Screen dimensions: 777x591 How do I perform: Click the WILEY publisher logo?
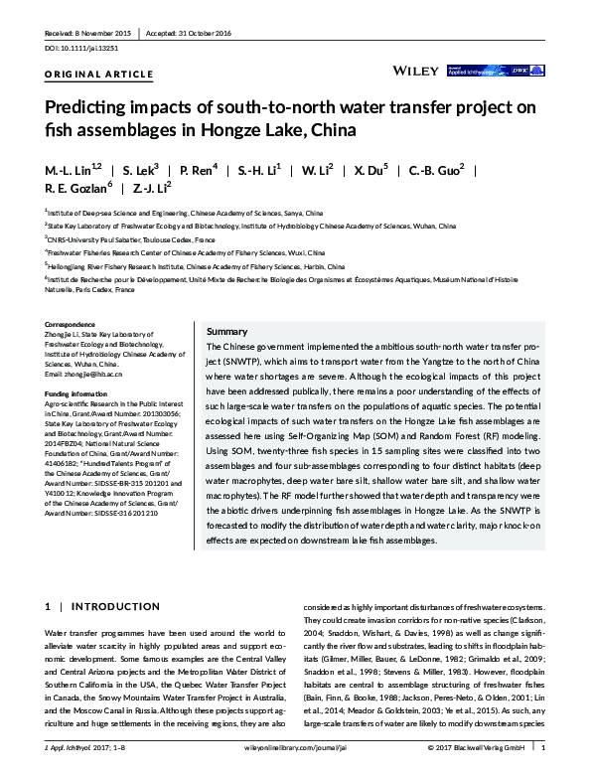(417, 71)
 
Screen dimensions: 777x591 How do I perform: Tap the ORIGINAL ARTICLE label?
(98, 75)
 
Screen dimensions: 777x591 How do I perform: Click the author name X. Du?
(370, 171)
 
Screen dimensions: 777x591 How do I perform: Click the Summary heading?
(226, 331)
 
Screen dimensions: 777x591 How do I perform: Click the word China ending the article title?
(332, 129)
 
